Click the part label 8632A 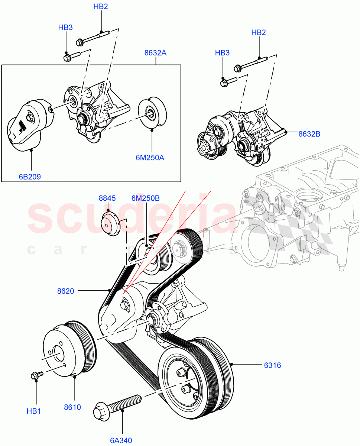(x=155, y=53)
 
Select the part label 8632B (x=309, y=134)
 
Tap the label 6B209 (x=30, y=177)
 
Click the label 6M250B (x=145, y=198)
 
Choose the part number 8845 (x=107, y=198)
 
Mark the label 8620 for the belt (x=65, y=291)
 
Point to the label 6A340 (x=121, y=441)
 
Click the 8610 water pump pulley (x=69, y=349)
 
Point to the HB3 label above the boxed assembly (x=65, y=27)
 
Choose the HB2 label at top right (x=258, y=32)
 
